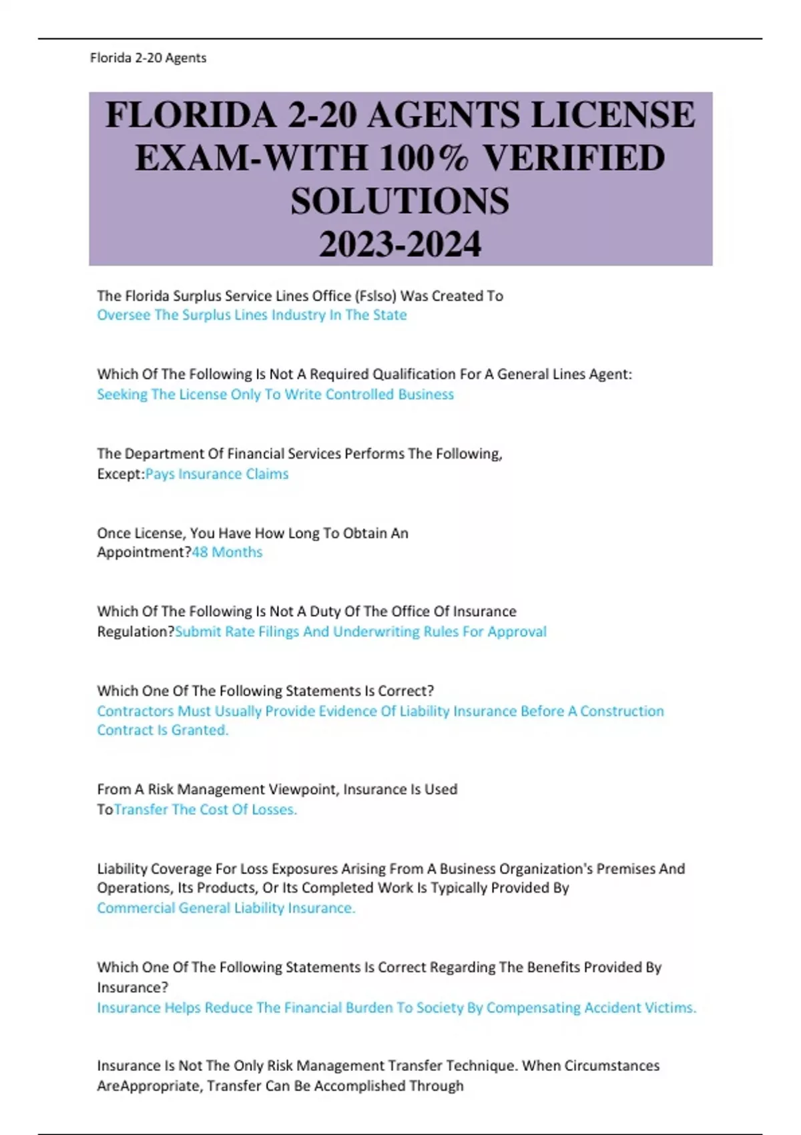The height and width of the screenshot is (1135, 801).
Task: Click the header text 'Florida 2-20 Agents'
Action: (148, 58)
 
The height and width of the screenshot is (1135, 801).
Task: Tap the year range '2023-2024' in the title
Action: (400, 244)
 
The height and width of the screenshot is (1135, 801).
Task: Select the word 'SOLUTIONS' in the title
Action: (400, 201)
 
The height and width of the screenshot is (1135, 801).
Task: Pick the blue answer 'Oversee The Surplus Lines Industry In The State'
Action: (252, 315)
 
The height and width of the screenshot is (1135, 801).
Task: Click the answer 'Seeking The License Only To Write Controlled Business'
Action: (275, 395)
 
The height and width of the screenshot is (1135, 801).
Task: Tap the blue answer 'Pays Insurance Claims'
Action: (217, 474)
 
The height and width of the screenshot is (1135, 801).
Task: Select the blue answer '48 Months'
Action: (227, 552)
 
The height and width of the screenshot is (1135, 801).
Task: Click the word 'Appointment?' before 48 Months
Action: (144, 552)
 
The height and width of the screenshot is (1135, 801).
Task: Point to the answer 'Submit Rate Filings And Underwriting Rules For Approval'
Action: (360, 632)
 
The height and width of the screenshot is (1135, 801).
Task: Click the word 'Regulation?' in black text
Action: (136, 632)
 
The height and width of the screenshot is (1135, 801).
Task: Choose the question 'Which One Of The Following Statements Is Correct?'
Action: (265, 691)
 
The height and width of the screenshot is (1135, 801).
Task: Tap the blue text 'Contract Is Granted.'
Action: (162, 730)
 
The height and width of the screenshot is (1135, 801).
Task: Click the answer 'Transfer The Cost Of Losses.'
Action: (206, 810)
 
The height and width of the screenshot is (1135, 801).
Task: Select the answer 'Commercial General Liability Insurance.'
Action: (226, 908)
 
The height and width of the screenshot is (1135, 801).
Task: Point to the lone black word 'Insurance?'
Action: (132, 987)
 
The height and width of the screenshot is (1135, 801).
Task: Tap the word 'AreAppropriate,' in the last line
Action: (150, 1086)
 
